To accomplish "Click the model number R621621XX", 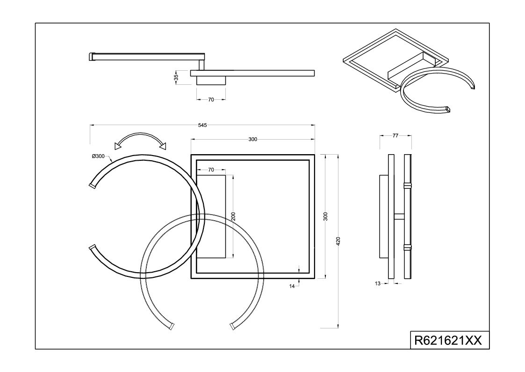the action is pos(448,341).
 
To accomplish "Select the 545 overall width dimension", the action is pos(202,125).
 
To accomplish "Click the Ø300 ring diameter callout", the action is pos(98,156).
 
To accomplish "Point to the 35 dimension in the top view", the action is pos(176,77).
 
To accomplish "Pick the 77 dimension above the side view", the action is pos(396,135).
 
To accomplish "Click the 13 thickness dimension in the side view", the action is pos(378,283).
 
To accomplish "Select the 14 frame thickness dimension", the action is pos(292,286).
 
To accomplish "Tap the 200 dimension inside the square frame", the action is pos(233,216).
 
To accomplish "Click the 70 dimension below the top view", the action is pos(211,99).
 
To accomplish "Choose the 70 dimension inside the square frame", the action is pos(211,170).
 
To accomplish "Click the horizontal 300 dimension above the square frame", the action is pos(253,139).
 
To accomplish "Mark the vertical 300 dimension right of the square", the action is pos(327,216).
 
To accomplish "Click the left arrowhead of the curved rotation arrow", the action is pos(117,146).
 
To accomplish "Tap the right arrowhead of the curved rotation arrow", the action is pos(163,146).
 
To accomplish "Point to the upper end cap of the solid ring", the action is pos(93,186).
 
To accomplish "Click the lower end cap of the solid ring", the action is pos(93,247).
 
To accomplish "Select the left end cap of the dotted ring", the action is pos(172,326).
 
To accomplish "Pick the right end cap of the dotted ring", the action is pos(232,326).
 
